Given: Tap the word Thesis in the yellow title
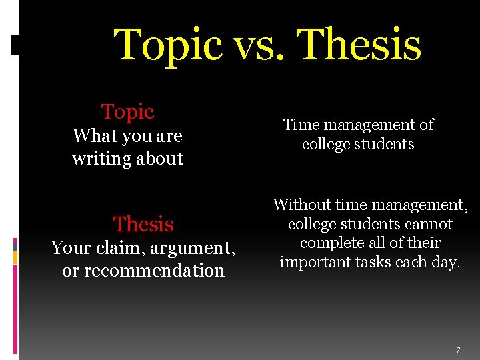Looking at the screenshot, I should [361, 45].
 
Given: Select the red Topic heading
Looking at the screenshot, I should [127, 112].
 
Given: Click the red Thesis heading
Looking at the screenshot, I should [143, 224].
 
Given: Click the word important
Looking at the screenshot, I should [317, 262].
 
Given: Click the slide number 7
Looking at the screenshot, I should [458, 350].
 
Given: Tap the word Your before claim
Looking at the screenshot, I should [70, 248].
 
